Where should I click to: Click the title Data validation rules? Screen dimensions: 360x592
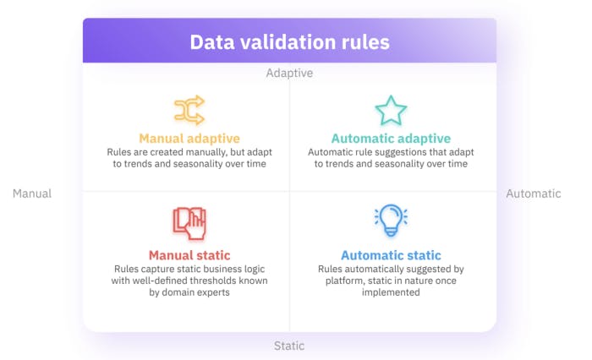(289, 42)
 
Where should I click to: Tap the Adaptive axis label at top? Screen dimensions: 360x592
(289, 74)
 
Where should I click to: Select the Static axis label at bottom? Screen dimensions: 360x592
(289, 346)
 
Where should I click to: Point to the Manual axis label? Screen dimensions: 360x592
(32, 194)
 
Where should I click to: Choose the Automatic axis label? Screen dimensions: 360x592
(533, 194)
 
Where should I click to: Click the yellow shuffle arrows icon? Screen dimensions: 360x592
(189, 111)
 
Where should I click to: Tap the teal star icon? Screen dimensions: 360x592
(391, 112)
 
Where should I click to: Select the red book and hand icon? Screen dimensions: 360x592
(189, 223)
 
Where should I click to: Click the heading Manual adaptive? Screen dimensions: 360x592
(189, 138)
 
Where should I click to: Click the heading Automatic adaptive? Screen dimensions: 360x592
(391, 138)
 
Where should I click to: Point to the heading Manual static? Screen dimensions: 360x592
(189, 254)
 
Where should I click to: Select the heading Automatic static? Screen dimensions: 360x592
(391, 255)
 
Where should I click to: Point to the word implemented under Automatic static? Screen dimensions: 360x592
(391, 292)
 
